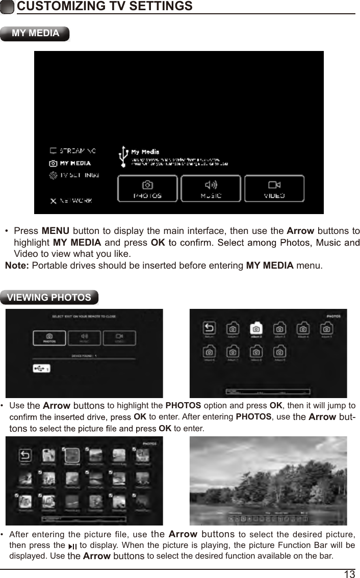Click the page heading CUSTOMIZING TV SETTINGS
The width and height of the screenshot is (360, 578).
(105, 7)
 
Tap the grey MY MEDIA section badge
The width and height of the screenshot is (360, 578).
(35, 34)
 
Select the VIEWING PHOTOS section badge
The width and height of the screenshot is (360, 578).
(49, 298)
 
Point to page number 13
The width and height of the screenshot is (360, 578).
(349, 574)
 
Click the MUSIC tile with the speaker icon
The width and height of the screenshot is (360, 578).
(210, 188)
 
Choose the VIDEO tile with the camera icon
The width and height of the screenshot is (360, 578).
(274, 188)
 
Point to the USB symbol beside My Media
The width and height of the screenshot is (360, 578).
(122, 156)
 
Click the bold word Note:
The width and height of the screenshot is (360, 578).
(17, 266)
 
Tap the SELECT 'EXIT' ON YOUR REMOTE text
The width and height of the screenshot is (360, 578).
(84, 317)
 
